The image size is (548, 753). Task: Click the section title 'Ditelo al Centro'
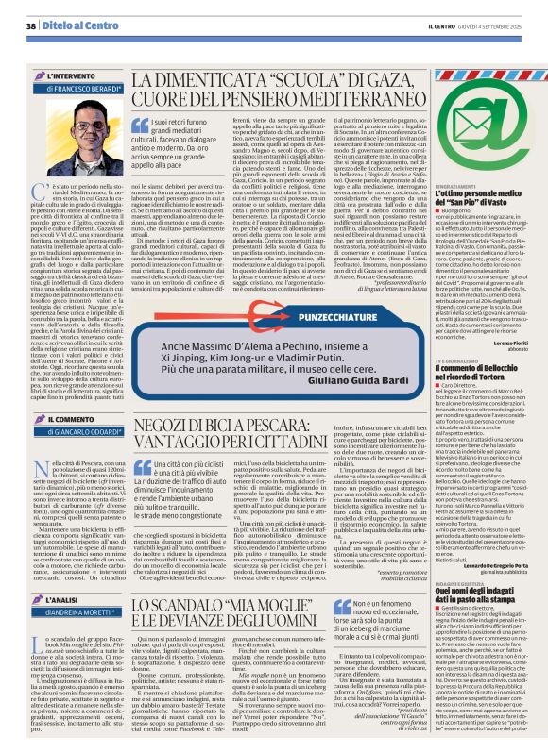tap(72, 26)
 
